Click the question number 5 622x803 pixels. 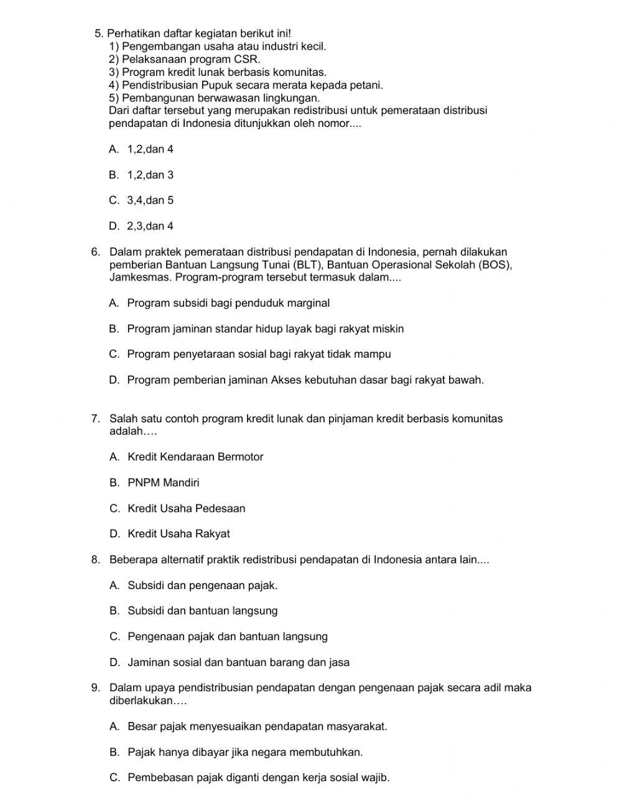click(98, 33)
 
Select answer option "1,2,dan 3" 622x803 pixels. click(150, 175)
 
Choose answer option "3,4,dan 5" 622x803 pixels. click(150, 200)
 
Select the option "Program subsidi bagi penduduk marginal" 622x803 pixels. click(228, 303)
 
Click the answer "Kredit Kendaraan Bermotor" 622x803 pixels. click(195, 457)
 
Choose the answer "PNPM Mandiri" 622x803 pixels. click(164, 482)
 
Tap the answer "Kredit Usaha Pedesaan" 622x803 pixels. click(187, 508)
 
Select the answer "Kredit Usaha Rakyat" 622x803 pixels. click(179, 534)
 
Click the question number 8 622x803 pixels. click(95, 559)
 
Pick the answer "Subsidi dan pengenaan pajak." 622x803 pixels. click(203, 585)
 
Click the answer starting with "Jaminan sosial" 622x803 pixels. click(238, 662)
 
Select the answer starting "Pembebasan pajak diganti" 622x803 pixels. click(258, 777)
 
